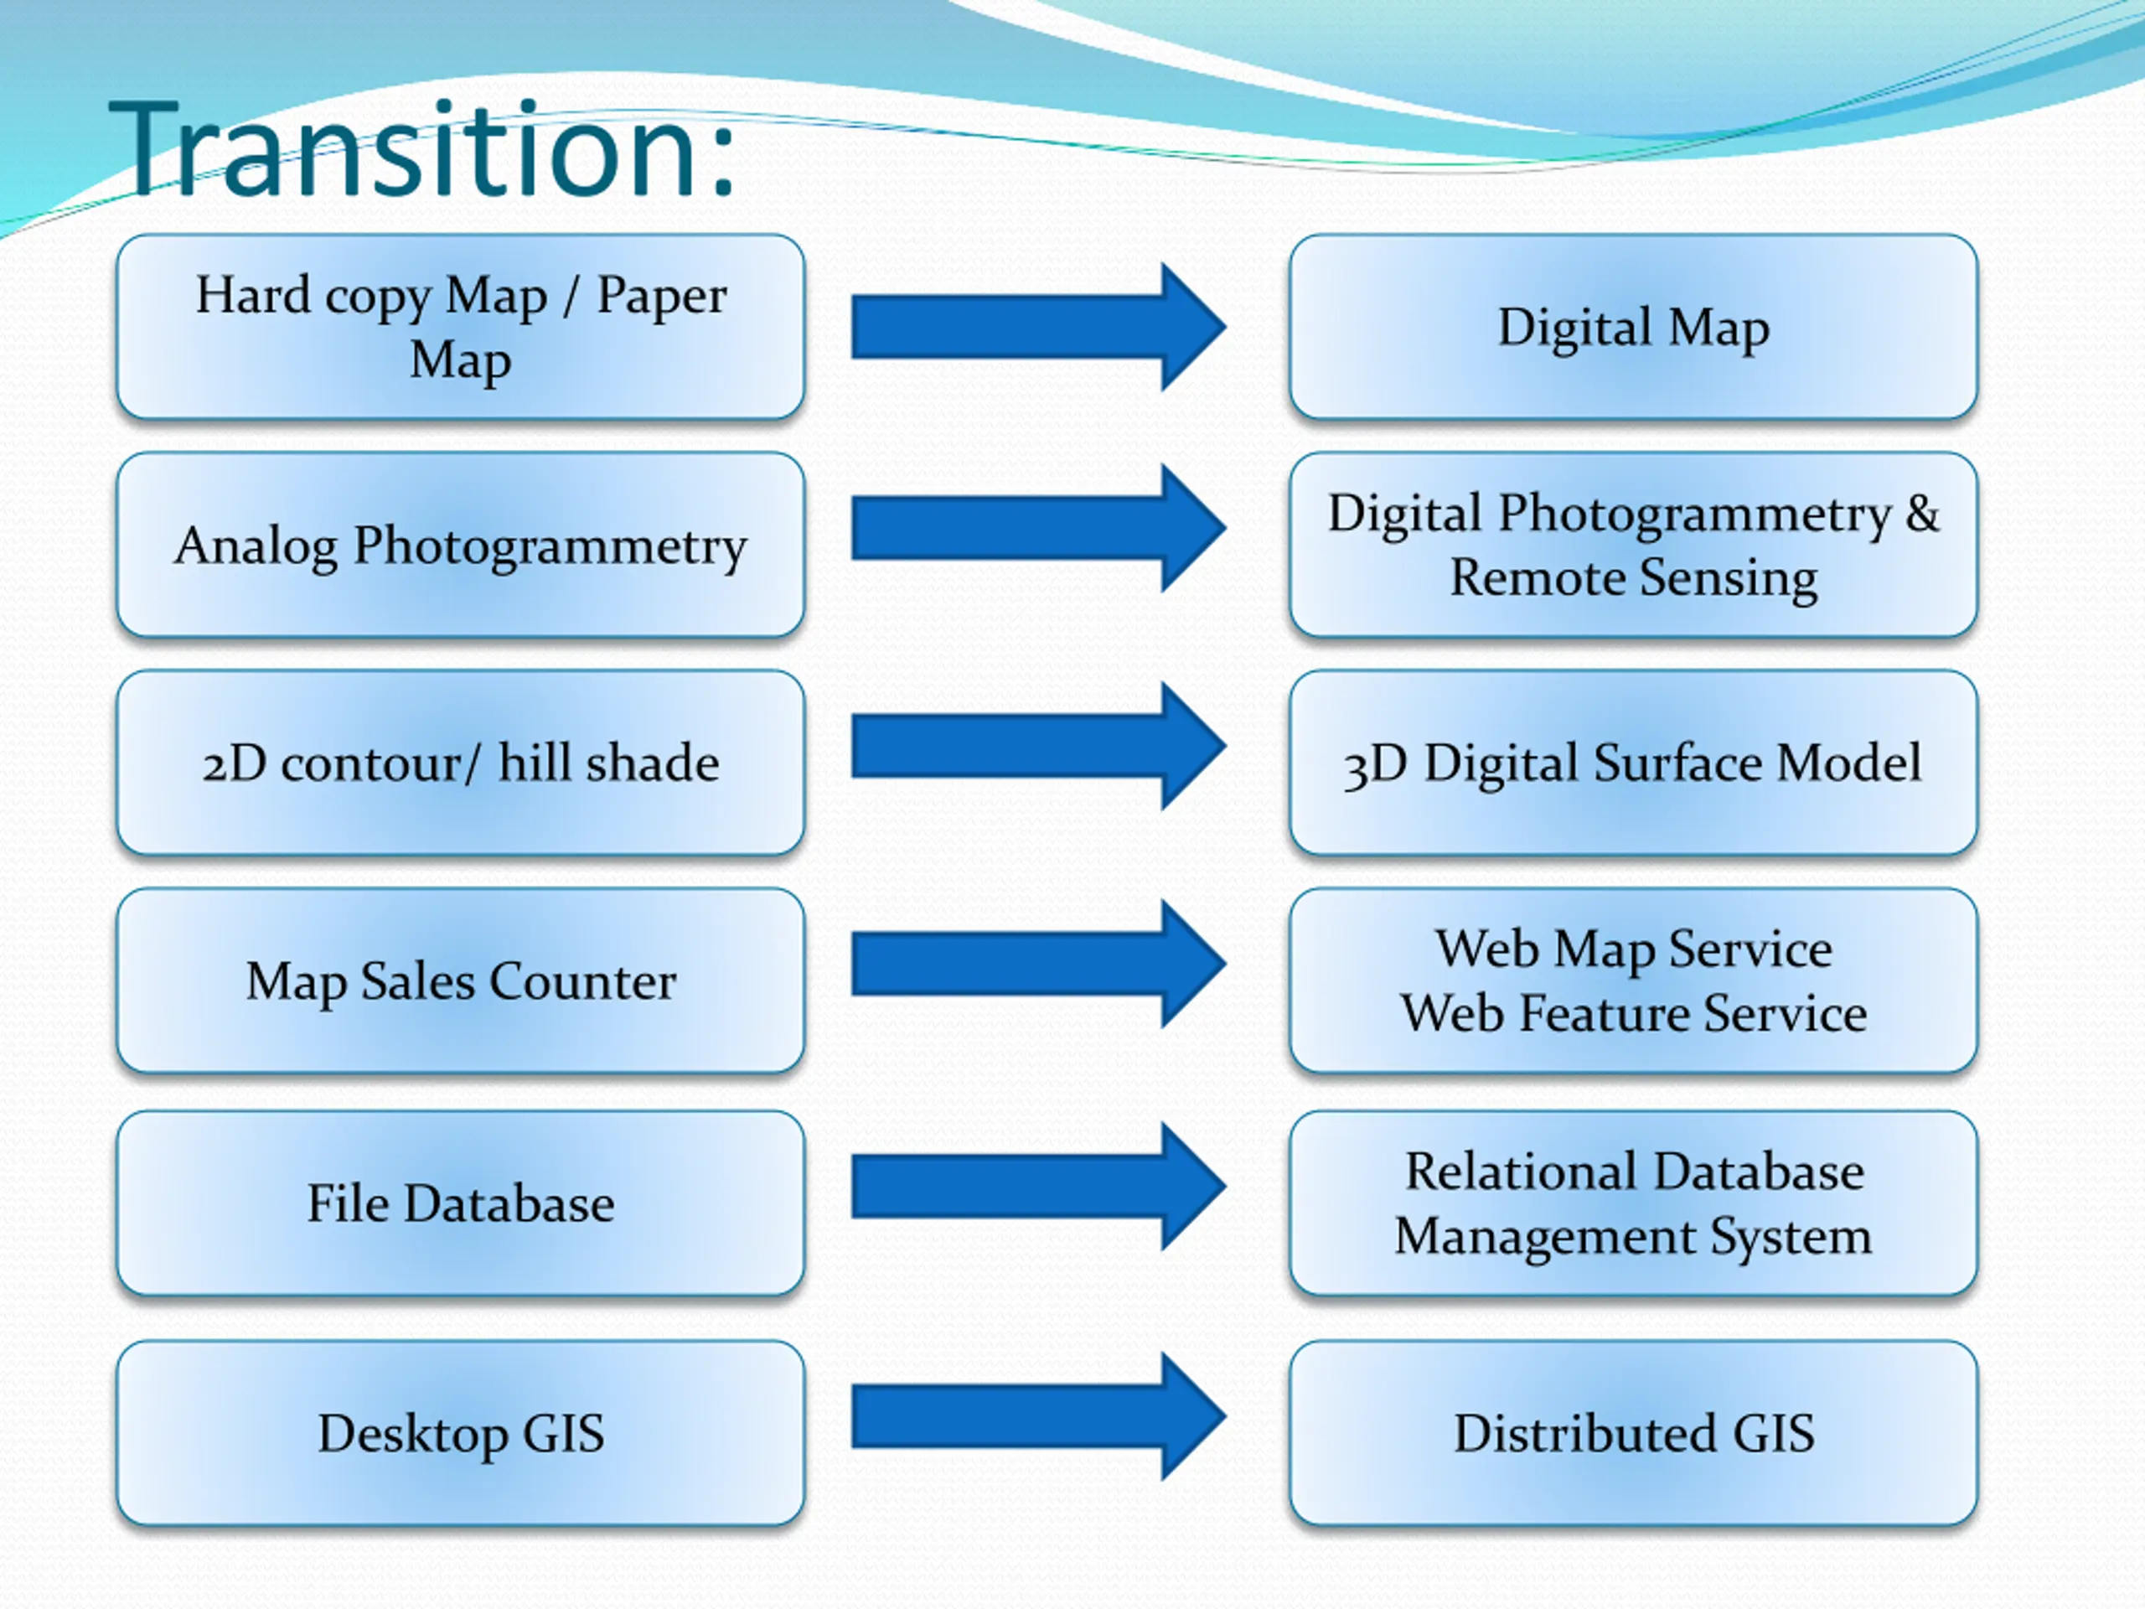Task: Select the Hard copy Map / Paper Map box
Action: tap(461, 327)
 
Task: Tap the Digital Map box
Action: tap(1633, 327)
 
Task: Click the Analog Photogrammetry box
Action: tap(461, 545)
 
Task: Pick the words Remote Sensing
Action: tap(1633, 578)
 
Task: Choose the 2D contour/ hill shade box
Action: tap(461, 763)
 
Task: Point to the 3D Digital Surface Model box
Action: tap(1633, 763)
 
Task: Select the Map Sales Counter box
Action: tap(461, 981)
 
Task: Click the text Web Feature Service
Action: tap(1633, 1013)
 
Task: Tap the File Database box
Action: tap(461, 1203)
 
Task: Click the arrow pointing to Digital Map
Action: tap(1038, 327)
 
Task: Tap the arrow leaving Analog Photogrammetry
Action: tap(1038, 528)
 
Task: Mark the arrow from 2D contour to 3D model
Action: tap(1038, 746)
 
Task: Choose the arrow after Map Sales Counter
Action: tap(1038, 964)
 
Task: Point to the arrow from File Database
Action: tap(1038, 1186)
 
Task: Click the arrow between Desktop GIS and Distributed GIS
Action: tap(1038, 1417)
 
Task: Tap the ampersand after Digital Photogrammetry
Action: tap(1922, 513)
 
